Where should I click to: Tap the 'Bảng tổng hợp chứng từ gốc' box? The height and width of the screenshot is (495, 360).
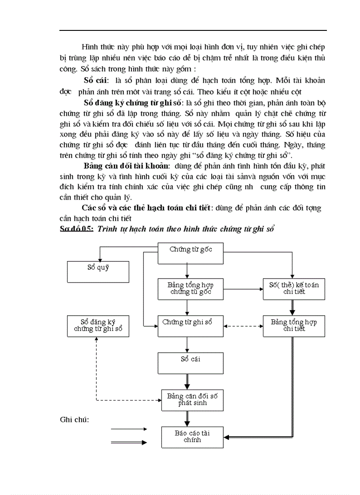[x=191, y=289]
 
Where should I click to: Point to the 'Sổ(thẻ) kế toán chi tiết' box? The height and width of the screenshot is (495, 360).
[x=294, y=289]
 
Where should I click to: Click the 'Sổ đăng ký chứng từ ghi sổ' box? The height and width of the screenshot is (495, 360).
[x=98, y=326]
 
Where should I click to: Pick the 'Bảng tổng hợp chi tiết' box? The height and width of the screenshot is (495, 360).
[x=294, y=326]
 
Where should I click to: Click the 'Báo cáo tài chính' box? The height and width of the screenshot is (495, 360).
[x=192, y=437]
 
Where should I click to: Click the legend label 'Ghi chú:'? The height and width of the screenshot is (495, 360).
[x=75, y=419]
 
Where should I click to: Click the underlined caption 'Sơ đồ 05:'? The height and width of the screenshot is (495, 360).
[x=77, y=228]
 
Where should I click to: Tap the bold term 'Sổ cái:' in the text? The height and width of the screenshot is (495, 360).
[x=96, y=80]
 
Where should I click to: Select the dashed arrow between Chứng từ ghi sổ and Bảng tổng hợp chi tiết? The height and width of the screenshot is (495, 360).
[x=243, y=327]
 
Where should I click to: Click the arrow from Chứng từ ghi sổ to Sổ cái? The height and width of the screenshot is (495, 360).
[x=187, y=344]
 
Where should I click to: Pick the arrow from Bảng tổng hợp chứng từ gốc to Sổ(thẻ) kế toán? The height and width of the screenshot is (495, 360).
[x=243, y=290]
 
